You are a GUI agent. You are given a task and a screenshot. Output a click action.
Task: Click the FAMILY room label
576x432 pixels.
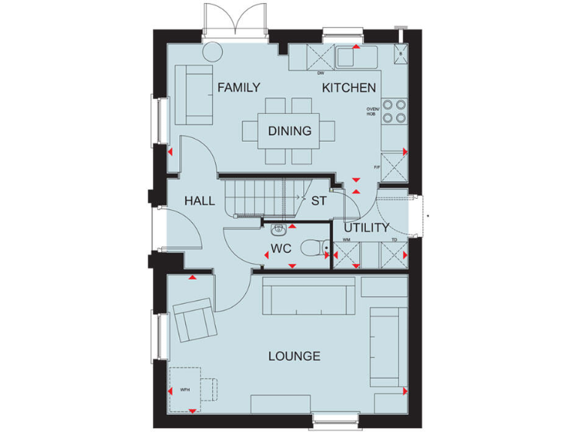[x=238, y=88]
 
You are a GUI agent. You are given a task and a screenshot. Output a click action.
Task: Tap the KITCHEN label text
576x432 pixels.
[x=349, y=88]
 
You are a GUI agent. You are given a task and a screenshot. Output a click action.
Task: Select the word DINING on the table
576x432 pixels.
[x=289, y=131]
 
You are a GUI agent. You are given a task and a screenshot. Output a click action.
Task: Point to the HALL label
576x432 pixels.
[x=200, y=201]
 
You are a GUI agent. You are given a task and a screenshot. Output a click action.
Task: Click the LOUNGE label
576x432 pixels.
[x=295, y=356]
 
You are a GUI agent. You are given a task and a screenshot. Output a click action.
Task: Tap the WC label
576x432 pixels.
[x=281, y=248]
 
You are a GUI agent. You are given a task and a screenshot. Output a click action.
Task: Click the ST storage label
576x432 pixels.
[x=319, y=201]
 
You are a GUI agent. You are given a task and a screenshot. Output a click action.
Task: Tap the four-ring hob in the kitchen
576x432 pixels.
[x=395, y=111]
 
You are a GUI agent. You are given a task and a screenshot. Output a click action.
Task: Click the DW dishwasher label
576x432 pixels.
[x=320, y=73]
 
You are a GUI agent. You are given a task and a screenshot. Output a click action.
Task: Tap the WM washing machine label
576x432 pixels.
[x=346, y=240]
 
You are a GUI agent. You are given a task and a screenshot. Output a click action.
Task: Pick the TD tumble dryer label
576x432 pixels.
[x=394, y=240]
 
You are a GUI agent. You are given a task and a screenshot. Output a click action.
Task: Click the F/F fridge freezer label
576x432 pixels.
[x=377, y=166]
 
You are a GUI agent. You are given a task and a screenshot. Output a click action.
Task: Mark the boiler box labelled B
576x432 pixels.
[x=400, y=54]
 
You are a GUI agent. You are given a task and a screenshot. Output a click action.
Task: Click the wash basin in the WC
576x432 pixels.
[x=278, y=229]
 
